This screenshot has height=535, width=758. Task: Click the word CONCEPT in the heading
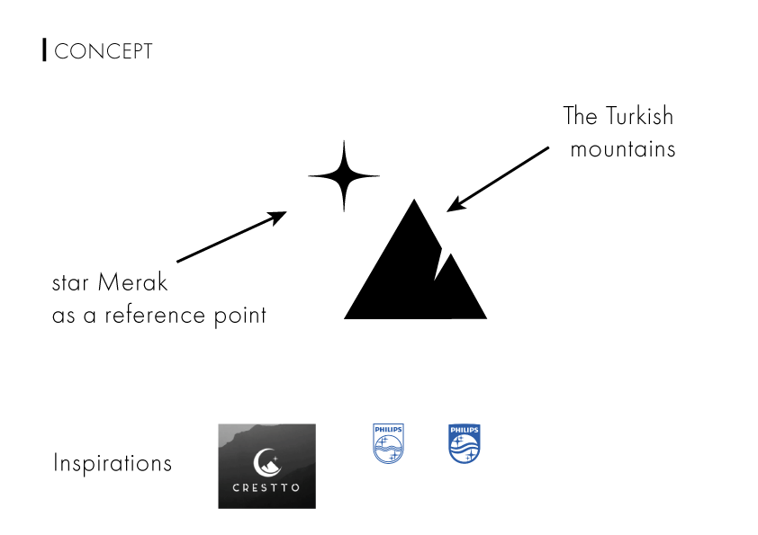tap(104, 51)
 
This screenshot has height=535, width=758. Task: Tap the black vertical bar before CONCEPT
tap(44, 50)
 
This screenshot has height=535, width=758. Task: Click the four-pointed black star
tap(344, 176)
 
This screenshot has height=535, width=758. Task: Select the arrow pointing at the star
tap(231, 236)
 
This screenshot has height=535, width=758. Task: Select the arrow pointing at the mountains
tap(498, 179)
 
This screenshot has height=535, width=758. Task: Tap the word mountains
tap(623, 149)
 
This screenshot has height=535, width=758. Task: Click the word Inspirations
tap(113, 464)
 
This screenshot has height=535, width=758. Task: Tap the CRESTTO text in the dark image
tap(266, 491)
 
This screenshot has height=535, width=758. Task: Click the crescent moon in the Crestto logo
tap(264, 461)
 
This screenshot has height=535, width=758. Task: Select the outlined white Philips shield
tap(389, 444)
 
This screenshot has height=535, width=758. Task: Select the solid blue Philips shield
tap(465, 444)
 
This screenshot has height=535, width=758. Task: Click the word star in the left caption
tap(69, 284)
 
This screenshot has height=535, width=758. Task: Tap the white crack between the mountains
tap(439, 261)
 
